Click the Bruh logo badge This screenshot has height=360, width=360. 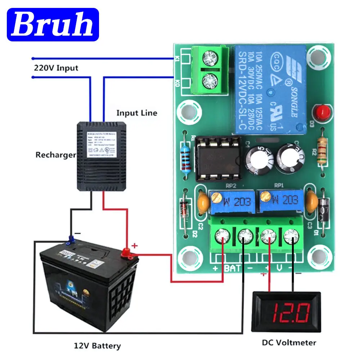53,24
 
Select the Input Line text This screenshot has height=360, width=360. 137,113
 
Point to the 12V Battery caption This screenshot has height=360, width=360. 97,346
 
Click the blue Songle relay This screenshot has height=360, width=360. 270,88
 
